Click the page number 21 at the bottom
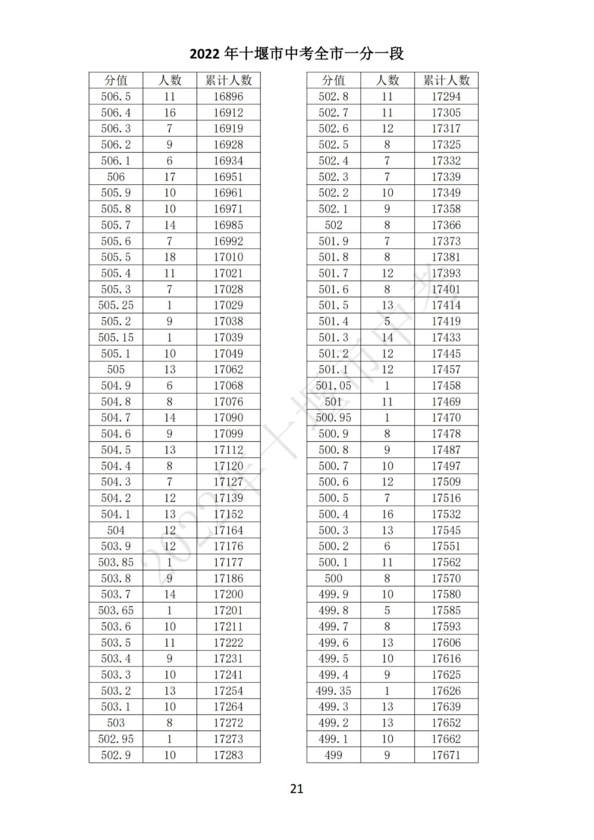(296, 788)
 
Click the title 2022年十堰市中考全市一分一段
(296, 53)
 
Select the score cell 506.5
(116, 96)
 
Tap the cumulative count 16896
(228, 96)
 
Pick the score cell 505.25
(116, 305)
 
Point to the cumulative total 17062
(228, 369)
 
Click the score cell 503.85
(116, 562)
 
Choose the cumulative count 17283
(228, 755)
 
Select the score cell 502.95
(116, 739)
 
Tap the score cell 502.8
(333, 96)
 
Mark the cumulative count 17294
(446, 96)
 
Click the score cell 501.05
(333, 386)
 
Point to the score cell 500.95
(333, 418)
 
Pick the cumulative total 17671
(446, 755)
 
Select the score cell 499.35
(333, 691)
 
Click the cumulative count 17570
(446, 578)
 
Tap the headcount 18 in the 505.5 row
(169, 257)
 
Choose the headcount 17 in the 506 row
(169, 177)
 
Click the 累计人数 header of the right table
(446, 80)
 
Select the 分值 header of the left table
(116, 80)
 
